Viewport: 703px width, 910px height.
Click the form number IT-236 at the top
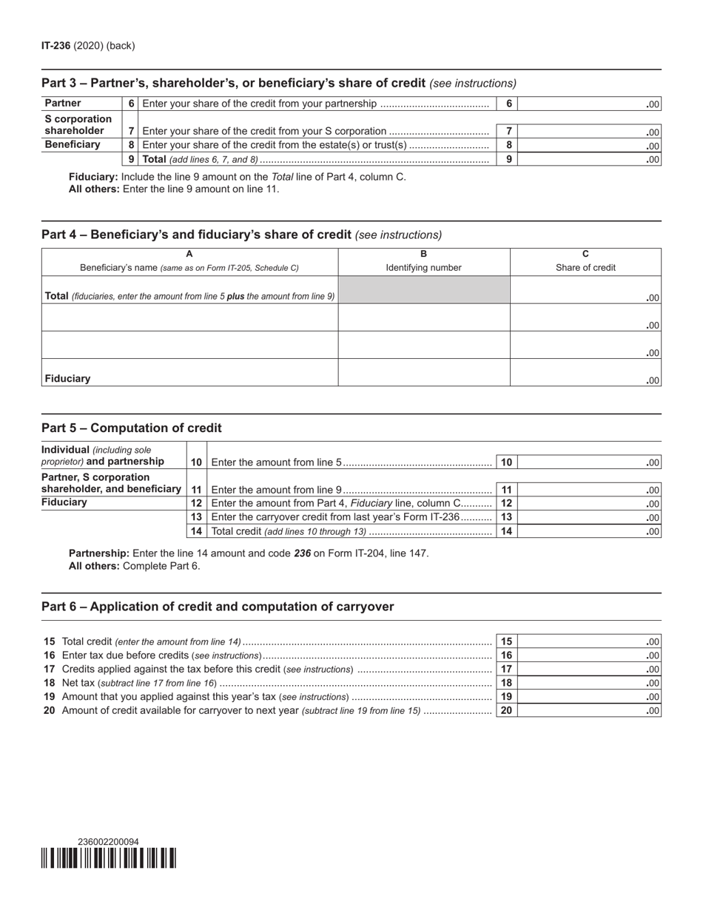(56, 46)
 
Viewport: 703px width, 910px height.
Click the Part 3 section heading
(233, 83)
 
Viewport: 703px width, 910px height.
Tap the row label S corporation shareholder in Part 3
(78, 124)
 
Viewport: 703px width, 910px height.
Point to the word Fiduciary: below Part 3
(93, 177)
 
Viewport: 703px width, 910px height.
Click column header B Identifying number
(423, 261)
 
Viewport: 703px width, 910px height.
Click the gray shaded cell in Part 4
(423, 290)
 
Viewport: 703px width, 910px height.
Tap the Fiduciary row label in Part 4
(67, 378)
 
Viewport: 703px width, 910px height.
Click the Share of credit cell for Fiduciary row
(585, 373)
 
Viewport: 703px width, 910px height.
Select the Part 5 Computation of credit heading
(132, 428)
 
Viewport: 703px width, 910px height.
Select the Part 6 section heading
(218, 607)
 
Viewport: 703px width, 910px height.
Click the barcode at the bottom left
(109, 857)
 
